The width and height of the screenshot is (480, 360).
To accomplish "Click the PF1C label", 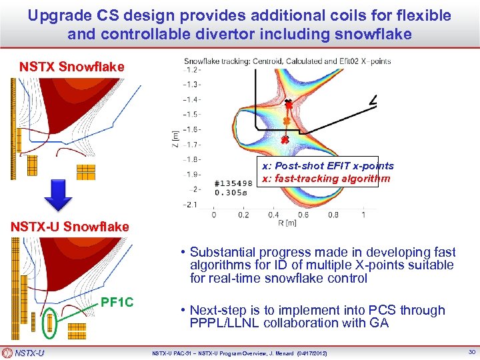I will pyautogui.click(x=117, y=303).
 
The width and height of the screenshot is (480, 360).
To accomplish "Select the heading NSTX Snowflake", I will pyautogui.click(x=71, y=67).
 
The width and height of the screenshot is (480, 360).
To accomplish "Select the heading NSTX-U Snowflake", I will pyautogui.click(x=69, y=227).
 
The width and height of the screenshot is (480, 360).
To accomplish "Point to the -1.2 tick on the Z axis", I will pyautogui.click(x=193, y=69).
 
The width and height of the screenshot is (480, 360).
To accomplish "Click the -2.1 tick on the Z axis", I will pyautogui.click(x=193, y=204).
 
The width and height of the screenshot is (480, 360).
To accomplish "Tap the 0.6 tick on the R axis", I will pyautogui.click(x=303, y=215).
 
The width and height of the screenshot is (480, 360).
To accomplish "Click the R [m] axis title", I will pyautogui.click(x=286, y=225).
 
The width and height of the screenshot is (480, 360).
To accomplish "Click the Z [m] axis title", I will pyautogui.click(x=175, y=137).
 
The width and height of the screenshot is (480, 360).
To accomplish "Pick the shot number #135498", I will pyautogui.click(x=234, y=183).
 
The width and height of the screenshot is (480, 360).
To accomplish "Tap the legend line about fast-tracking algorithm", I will pyautogui.click(x=325, y=179).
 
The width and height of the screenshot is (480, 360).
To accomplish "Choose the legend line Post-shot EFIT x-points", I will pyautogui.click(x=327, y=166).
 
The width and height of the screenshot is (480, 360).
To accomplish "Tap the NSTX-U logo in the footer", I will pyautogui.click(x=23, y=353).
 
